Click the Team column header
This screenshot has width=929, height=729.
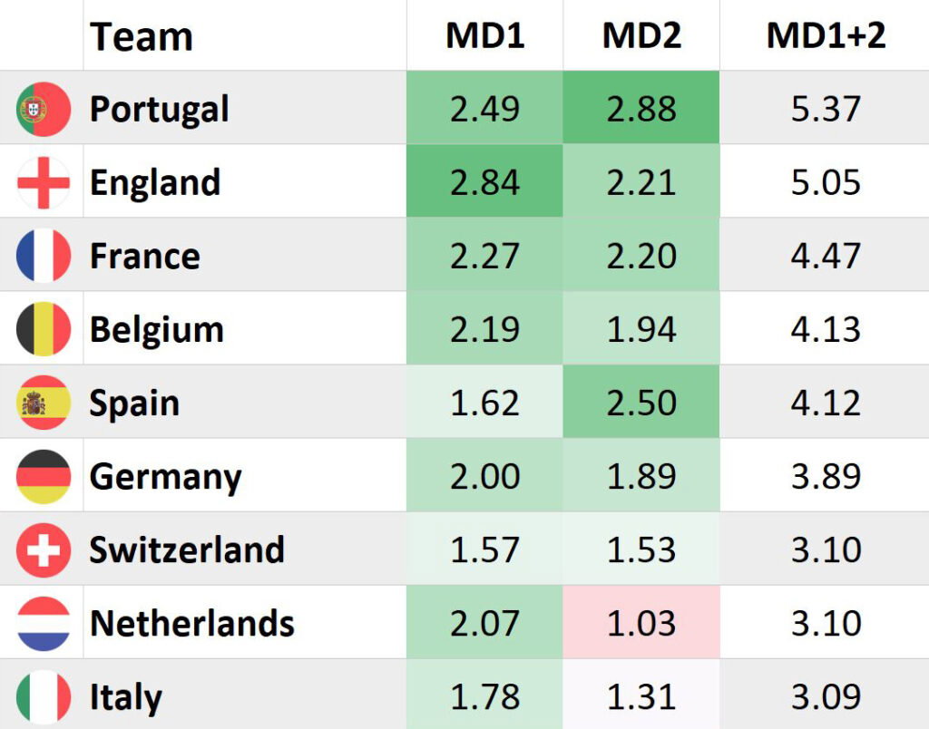point(142,37)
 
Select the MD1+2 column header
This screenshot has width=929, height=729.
point(826,36)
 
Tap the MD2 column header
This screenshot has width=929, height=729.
point(641,36)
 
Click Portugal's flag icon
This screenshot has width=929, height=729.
point(44,109)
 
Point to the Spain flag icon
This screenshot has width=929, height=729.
point(44,403)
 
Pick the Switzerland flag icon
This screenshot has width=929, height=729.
point(44,550)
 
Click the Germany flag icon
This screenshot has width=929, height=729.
point(44,477)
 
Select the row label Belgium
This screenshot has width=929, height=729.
point(156,330)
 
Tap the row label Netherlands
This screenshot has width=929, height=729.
point(192,624)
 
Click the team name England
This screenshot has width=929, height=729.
point(155,182)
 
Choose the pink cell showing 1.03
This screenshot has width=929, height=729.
point(641,624)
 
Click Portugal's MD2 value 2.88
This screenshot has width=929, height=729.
point(641,109)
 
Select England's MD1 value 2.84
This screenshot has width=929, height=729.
point(484,182)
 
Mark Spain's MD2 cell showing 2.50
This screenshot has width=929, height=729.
point(641,403)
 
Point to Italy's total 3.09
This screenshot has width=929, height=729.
point(826,696)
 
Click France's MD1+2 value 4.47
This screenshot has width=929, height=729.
point(826,256)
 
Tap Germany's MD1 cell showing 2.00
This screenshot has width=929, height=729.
point(484,477)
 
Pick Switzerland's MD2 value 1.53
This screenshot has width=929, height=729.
point(641,550)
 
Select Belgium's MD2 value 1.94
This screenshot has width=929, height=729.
point(641,330)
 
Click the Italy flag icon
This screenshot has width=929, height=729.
point(44,696)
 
